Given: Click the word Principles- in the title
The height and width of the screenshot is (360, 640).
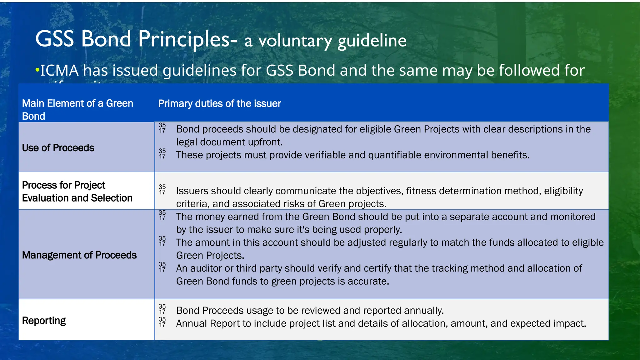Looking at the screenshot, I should point(187,39).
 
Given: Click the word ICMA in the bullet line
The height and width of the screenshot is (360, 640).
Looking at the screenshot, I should point(59,70).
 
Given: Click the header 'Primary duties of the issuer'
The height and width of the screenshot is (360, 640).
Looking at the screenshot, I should point(219,103).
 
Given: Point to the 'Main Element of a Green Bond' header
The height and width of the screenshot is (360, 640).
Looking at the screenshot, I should point(77,109).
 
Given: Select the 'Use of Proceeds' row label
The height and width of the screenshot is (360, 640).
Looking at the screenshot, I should point(58,148).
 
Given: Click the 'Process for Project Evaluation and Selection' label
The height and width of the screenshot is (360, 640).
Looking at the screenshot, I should point(77,192).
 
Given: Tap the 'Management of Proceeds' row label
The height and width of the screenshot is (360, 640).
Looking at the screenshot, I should point(79,255).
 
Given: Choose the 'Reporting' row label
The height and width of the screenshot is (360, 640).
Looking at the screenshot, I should point(44,321).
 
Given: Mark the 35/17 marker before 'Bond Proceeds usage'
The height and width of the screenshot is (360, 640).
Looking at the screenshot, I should point(162,309).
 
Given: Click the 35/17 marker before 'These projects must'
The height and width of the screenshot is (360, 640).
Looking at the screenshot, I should point(162,153).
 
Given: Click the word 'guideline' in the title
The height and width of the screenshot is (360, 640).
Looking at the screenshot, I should point(372,41).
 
